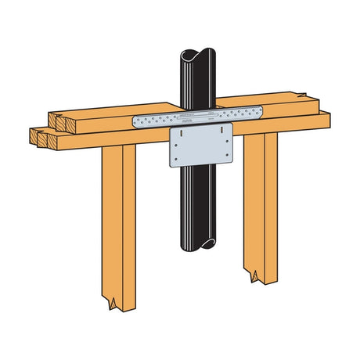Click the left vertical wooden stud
[x=118, y=219]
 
